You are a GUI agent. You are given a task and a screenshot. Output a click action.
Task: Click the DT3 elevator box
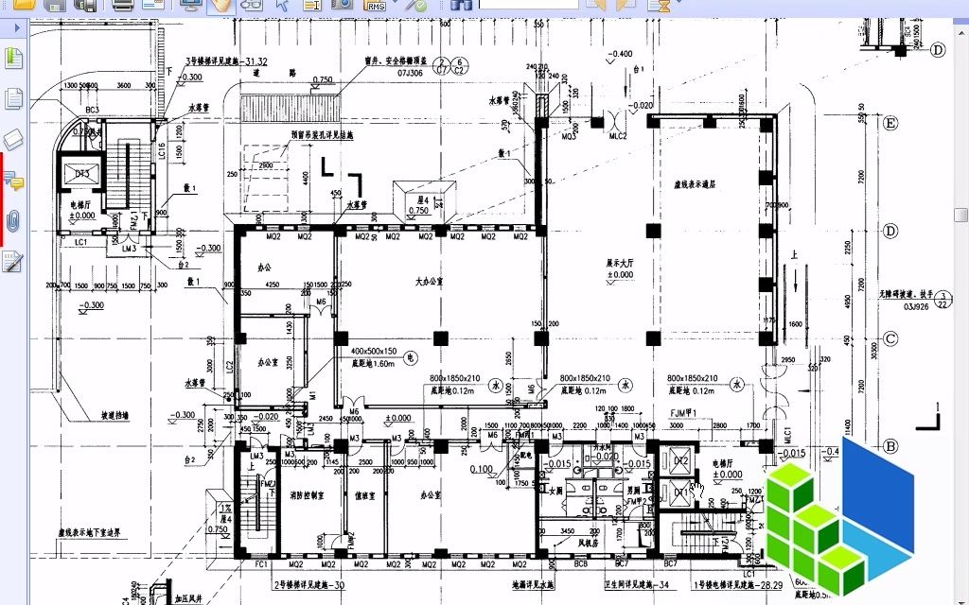point(82,175)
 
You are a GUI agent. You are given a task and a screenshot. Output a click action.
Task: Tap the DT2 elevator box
point(682,460)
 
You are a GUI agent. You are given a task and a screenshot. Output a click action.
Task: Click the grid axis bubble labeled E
point(890,123)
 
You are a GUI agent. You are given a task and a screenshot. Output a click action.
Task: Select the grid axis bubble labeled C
point(890,338)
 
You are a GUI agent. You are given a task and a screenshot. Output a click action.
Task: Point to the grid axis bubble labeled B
point(890,446)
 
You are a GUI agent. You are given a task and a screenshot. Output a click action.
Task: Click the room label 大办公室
point(432,282)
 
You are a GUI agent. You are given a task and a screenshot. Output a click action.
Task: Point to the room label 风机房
point(590,543)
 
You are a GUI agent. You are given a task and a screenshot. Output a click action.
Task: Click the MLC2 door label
point(618,136)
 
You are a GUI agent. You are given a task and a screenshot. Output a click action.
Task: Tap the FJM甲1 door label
point(684,413)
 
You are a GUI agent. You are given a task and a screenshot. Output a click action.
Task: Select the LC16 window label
point(162,151)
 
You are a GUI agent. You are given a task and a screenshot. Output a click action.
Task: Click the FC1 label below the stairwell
point(261,564)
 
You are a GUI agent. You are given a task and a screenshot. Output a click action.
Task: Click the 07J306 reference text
point(410,72)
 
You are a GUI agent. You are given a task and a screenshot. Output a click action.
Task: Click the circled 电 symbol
point(410,358)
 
